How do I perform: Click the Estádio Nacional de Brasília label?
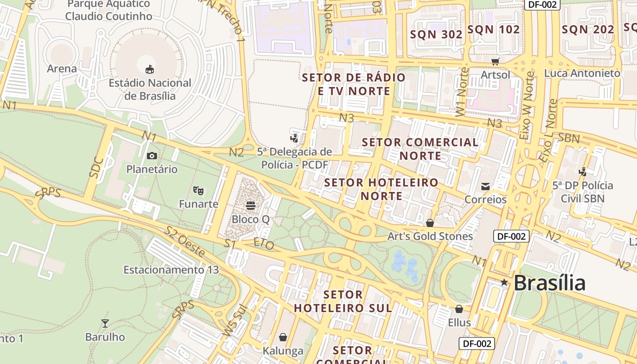click(150, 90)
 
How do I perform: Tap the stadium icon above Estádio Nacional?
click(150, 69)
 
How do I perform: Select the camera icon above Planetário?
click(152, 156)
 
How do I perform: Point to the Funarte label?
click(198, 204)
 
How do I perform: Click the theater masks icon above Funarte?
click(197, 190)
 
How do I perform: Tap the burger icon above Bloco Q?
click(251, 206)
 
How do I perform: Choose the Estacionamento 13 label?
click(171, 270)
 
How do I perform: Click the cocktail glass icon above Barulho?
click(105, 324)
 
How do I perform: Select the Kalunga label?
click(283, 351)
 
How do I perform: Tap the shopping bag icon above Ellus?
click(459, 309)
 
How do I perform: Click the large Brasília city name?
click(549, 283)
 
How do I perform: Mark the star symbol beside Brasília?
click(504, 283)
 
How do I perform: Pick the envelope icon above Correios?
click(485, 186)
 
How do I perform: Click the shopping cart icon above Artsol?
click(495, 61)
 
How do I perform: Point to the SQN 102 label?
click(493, 30)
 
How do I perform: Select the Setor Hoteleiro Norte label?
click(381, 189)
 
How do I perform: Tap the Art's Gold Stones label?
click(430, 237)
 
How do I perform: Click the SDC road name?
click(96, 167)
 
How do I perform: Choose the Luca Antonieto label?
click(582, 73)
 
